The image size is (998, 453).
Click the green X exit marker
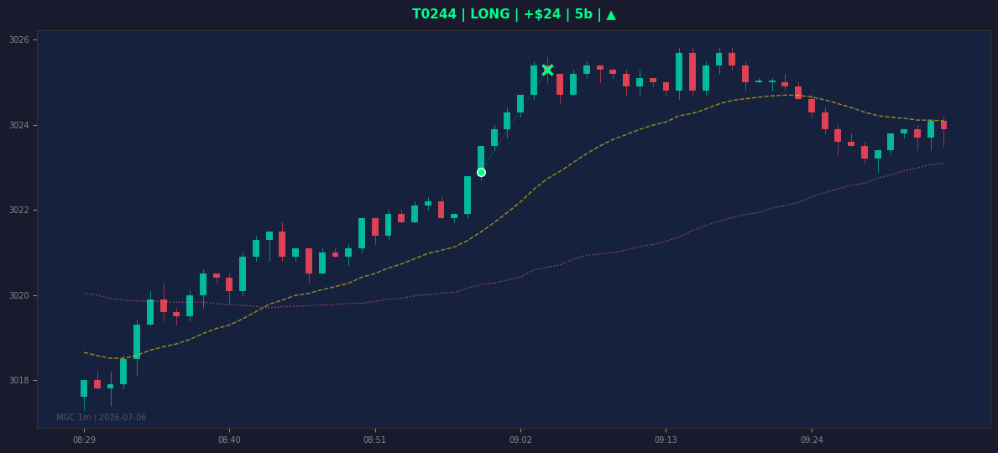tap(547, 70)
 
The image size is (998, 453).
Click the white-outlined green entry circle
tap(481, 173)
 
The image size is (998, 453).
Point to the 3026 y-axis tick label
tap(19, 40)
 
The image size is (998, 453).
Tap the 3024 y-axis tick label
tap(19, 125)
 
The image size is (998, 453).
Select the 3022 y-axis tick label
tap(19, 211)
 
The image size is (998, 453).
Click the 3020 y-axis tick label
tap(19, 296)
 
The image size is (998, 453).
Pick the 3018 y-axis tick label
tap(19, 381)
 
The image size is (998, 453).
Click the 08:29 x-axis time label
tap(84, 440)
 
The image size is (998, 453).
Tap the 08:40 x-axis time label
tap(229, 440)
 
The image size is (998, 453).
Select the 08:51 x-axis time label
tap(375, 440)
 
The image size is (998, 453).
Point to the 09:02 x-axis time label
tap(520, 440)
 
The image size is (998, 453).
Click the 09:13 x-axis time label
tap(666, 440)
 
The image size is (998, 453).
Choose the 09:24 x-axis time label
tap(812, 440)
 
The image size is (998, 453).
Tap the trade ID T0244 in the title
tap(435, 14)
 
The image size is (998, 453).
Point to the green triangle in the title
tap(611, 14)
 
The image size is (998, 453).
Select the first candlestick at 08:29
tap(84, 388)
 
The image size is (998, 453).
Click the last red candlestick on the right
tap(944, 125)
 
